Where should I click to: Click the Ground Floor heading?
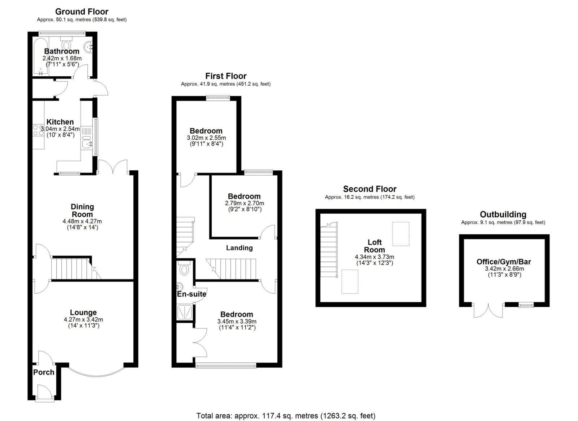point(82,12)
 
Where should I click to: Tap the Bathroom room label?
point(62,51)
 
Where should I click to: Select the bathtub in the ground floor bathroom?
point(40,57)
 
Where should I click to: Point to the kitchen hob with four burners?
point(38,130)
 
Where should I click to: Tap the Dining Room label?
point(82,210)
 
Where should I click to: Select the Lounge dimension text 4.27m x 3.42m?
point(83,319)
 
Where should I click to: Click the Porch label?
point(44,372)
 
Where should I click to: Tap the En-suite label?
point(191,294)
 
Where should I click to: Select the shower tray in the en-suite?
point(185,312)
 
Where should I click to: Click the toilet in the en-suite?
point(184,268)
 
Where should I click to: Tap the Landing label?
point(239,248)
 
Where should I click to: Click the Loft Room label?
point(374,246)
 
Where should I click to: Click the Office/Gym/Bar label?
point(504,262)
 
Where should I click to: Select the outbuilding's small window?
point(526,305)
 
